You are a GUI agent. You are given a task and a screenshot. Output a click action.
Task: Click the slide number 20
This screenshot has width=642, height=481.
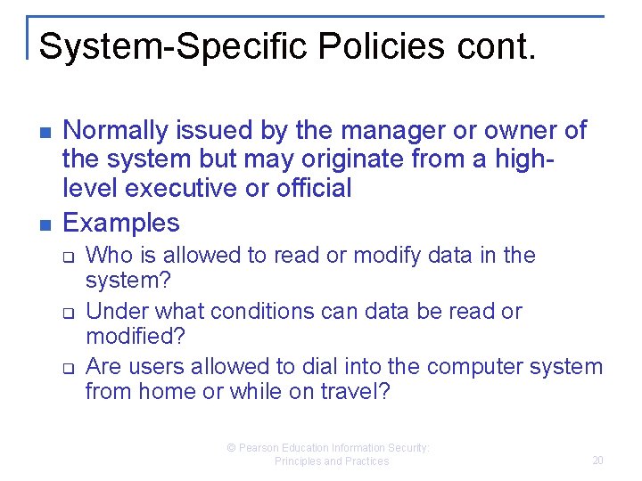pos(597,461)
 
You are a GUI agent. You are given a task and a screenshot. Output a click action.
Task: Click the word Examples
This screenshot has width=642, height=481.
pos(121,222)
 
